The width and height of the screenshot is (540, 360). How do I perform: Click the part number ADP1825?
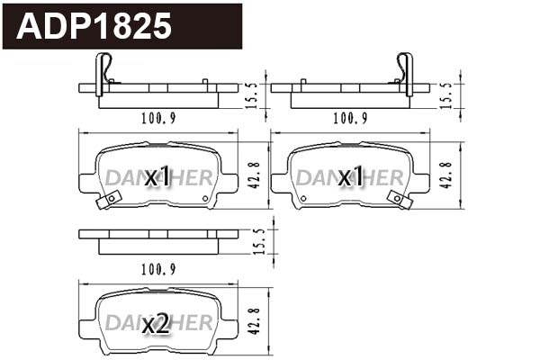(94, 26)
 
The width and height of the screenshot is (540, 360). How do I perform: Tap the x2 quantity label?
(157, 324)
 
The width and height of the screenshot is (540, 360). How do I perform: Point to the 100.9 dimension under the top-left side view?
(158, 118)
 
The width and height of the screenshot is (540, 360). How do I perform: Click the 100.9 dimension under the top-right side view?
(350, 118)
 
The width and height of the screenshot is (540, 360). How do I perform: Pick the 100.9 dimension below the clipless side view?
(158, 268)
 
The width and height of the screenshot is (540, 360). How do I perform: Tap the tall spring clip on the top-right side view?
(406, 72)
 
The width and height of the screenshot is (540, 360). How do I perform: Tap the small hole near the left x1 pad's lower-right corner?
(205, 198)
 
